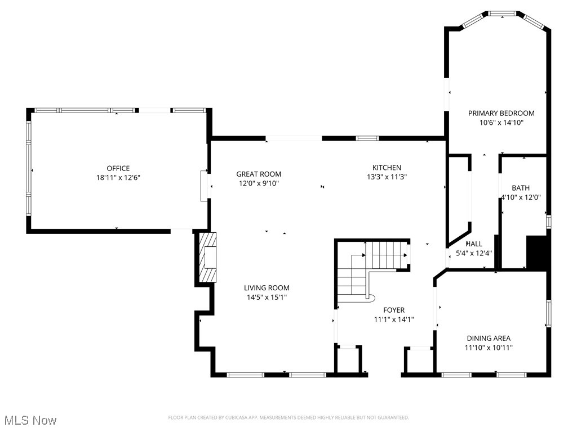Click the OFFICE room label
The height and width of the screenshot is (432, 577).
point(118,168)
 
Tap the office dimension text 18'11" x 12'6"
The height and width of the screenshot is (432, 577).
point(118,177)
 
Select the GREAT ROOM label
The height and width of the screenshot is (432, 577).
point(259,174)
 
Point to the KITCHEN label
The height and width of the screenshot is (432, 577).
point(387,168)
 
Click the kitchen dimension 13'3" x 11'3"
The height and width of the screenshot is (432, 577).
point(387,177)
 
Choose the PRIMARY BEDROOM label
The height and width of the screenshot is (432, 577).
point(501,113)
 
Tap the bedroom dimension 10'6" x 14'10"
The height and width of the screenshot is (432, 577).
point(501,122)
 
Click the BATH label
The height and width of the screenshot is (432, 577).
point(521,188)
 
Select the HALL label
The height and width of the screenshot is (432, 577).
point(474,244)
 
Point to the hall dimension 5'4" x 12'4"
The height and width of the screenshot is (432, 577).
point(474,253)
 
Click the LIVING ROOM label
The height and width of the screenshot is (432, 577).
point(267,288)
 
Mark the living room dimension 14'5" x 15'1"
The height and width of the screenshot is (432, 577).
point(267,297)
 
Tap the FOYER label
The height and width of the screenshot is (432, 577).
point(394,310)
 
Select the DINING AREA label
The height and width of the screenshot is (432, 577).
point(489,338)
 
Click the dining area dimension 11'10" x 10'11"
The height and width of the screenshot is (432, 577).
point(489,347)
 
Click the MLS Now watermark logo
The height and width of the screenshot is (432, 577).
point(30,420)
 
